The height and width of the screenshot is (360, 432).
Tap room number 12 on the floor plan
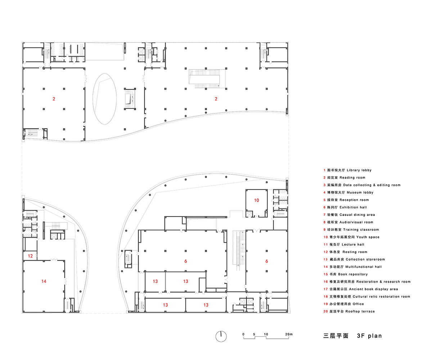(31, 256)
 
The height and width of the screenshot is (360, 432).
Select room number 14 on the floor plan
(44, 281)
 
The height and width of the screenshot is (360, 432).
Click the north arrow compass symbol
(221, 336)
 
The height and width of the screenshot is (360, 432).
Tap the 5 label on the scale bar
(254, 334)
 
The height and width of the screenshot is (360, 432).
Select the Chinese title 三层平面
(336, 336)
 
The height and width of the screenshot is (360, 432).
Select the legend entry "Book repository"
(353, 274)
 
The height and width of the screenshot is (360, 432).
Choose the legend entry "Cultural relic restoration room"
(381, 297)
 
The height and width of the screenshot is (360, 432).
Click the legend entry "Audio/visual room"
(356, 222)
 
